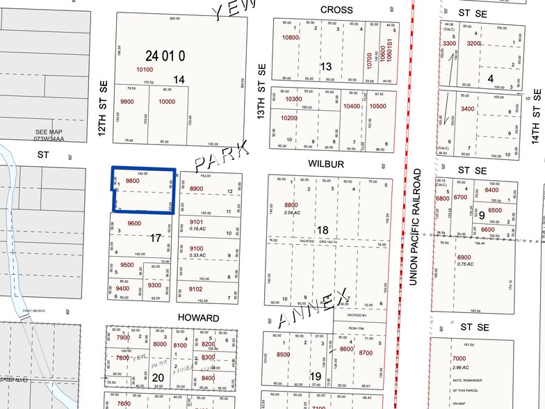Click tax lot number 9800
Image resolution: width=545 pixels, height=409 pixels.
click(133, 181)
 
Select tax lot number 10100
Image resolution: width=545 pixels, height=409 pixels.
click(145, 70)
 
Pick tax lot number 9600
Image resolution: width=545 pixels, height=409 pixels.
click(135, 223)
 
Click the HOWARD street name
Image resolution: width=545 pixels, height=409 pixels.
click(199, 318)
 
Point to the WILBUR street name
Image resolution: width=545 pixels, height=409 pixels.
click(326, 164)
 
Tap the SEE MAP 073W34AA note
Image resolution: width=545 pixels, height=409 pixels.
click(49, 134)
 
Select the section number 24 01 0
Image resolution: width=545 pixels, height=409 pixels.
click(166, 55)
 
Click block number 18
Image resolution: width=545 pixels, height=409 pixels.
click(323, 230)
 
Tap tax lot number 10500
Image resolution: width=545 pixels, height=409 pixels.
click(377, 106)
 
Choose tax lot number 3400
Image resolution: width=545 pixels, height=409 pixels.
click(467, 109)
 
